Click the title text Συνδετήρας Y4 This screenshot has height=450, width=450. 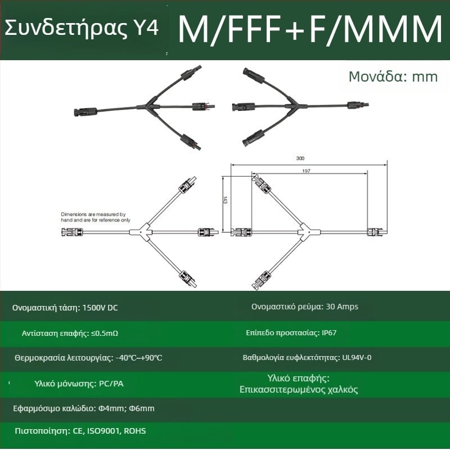point(82,28)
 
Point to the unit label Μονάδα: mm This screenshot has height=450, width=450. point(393,76)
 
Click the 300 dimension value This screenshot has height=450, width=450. point(300,159)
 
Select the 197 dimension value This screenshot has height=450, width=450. point(306,171)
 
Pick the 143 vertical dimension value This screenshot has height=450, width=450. point(225,200)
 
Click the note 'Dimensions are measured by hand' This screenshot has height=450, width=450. point(96,217)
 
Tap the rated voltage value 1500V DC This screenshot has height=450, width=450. point(100,308)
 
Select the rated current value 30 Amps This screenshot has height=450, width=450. point(342,307)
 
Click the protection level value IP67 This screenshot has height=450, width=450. point(329,333)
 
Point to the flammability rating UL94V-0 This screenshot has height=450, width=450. point(357,358)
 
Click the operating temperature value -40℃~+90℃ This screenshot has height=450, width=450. point(139,358)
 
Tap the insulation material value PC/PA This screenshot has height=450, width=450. point(111,384)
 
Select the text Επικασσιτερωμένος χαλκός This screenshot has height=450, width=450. point(299,390)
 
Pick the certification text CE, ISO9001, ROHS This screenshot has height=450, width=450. point(109,431)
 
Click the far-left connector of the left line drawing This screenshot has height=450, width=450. point(73,232)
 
